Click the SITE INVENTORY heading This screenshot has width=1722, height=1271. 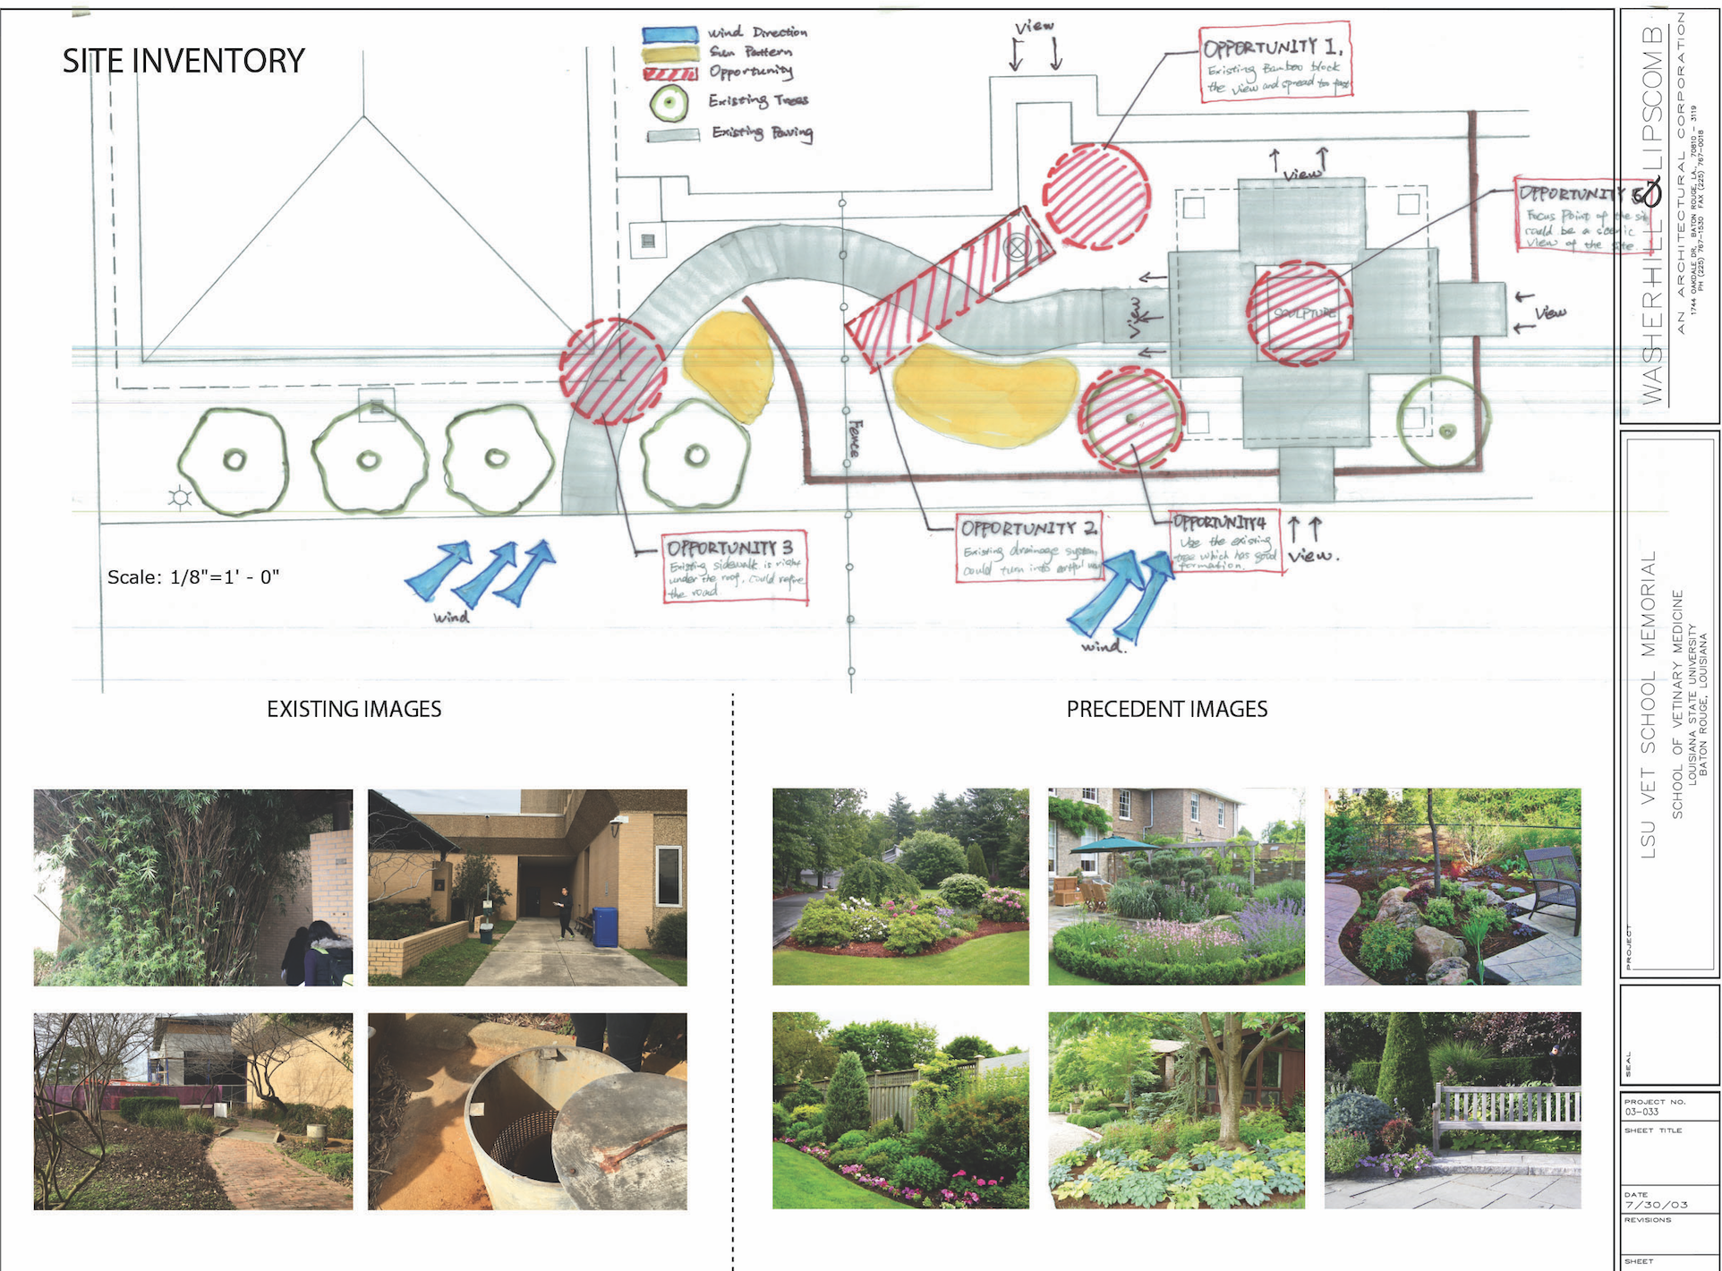[x=183, y=61]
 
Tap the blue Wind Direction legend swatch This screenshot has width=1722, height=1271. [x=669, y=35]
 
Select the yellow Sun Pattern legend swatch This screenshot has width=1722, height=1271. [x=669, y=55]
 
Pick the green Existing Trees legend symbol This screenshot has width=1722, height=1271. [x=669, y=104]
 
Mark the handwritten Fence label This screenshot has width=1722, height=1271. [x=856, y=438]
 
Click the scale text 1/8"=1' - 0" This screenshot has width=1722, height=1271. [x=193, y=577]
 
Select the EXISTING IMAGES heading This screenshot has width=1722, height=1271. [x=354, y=709]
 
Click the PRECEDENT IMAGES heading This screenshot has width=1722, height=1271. [x=1166, y=709]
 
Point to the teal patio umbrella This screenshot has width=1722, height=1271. [x=1113, y=844]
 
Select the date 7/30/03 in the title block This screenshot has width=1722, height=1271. [x=1656, y=1205]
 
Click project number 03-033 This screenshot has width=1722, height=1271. [x=1642, y=1112]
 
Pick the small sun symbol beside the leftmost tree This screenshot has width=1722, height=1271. [x=180, y=498]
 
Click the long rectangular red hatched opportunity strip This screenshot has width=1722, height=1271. [x=949, y=289]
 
